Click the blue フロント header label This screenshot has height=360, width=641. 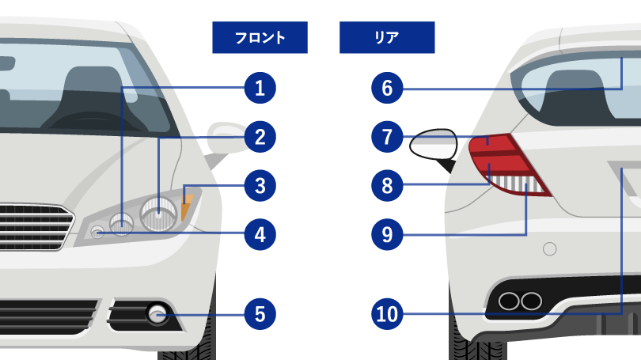260,37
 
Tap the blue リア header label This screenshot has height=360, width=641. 387,37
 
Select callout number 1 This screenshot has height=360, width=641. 260,88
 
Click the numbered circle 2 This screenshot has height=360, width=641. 260,137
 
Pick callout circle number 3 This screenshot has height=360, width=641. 260,186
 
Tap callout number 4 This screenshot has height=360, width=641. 260,234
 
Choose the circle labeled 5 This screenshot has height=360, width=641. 260,314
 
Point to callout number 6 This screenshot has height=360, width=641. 387,88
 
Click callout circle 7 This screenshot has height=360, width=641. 387,137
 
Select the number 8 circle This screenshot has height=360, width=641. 387,186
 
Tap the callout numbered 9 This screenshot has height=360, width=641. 387,234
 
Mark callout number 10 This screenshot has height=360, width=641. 387,314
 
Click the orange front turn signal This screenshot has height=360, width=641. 187,207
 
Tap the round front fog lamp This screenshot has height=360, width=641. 157,314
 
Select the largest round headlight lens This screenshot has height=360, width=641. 158,214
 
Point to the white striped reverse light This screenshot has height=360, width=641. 516,184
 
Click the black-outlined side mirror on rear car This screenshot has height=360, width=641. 434,145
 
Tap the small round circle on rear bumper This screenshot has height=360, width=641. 549,249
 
